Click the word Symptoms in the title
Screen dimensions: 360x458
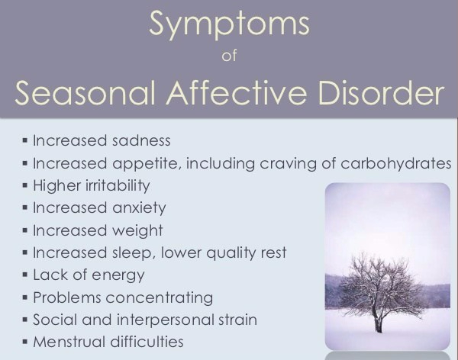point(229,24)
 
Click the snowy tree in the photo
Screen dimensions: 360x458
point(379,286)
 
